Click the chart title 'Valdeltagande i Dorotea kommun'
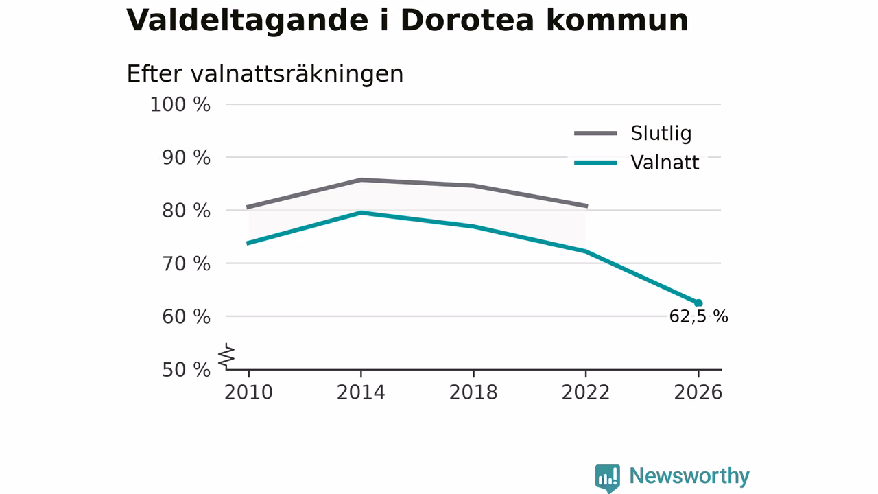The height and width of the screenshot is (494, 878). pyautogui.click(x=407, y=21)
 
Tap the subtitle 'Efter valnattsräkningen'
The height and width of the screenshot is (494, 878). pyautogui.click(x=265, y=75)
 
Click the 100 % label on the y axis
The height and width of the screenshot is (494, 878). pyautogui.click(x=180, y=105)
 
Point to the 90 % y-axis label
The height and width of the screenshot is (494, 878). pyautogui.click(x=186, y=158)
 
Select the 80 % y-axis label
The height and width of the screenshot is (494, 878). pyautogui.click(x=186, y=211)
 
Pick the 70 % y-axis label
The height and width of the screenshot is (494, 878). pyautogui.click(x=186, y=264)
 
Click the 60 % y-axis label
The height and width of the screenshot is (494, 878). pyautogui.click(x=186, y=317)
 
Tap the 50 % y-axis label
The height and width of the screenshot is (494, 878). pyautogui.click(x=186, y=370)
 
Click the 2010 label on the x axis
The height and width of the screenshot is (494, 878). pyautogui.click(x=248, y=392)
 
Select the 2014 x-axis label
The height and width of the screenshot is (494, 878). pyautogui.click(x=361, y=392)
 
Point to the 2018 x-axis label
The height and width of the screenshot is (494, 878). pyautogui.click(x=473, y=392)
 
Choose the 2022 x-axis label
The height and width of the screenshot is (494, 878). pyautogui.click(x=586, y=392)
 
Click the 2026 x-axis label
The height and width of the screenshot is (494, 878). pyautogui.click(x=698, y=392)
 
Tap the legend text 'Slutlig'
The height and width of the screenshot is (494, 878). pyautogui.click(x=661, y=133)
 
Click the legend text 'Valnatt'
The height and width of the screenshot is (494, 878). pyautogui.click(x=665, y=163)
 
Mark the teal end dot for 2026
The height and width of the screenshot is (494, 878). pyautogui.click(x=698, y=303)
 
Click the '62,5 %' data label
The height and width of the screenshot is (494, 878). pyautogui.click(x=698, y=316)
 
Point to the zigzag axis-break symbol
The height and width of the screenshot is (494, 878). pyautogui.click(x=226, y=356)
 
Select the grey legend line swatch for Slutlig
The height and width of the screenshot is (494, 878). pyautogui.click(x=596, y=134)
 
